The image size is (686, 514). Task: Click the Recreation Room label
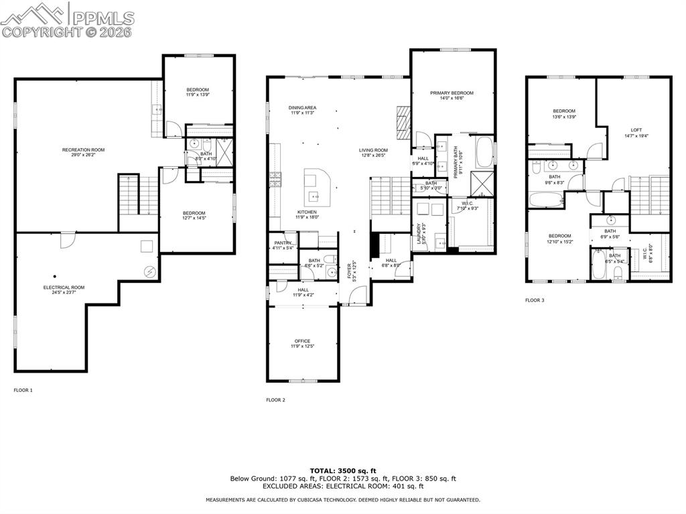83,150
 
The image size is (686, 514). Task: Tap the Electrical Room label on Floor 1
64,287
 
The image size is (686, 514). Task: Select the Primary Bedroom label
452,93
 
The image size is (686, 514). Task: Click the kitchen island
317,187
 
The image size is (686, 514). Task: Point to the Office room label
302,341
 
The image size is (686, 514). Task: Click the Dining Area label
302,108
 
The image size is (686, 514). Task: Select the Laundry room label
419,237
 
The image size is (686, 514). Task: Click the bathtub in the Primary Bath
484,152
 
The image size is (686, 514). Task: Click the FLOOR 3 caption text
535,300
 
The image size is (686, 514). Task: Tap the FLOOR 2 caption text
275,400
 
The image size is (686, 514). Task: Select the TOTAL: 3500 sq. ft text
342,470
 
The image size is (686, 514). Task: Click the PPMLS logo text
102,17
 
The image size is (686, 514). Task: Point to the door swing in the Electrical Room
67,240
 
